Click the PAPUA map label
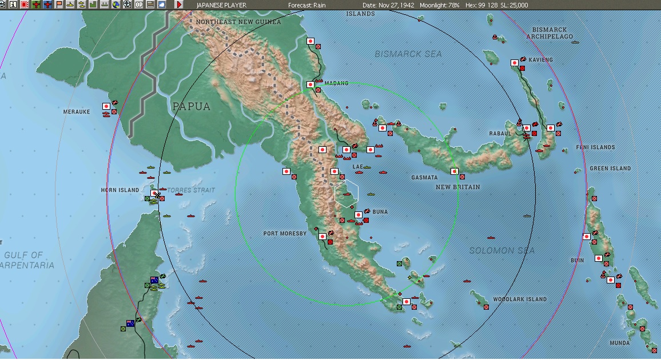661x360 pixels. coord(191,106)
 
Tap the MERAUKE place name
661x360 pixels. coord(77,112)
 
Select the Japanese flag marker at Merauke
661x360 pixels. coord(106,106)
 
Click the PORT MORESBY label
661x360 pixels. coord(285,234)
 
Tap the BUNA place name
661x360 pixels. coord(380,212)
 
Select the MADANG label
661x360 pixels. coord(336,83)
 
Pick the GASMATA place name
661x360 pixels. coord(424,178)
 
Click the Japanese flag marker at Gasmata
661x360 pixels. coord(455,171)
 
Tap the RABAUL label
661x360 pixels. coord(500,134)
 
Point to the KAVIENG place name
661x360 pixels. coord(541,60)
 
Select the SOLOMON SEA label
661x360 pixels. coord(502,251)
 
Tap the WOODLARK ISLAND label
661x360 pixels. coord(520,299)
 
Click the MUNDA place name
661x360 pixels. coord(620,343)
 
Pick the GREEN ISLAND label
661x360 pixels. coord(610,169)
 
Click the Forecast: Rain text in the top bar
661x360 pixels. coord(307,5)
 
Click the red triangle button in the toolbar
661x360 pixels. coord(179,5)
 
